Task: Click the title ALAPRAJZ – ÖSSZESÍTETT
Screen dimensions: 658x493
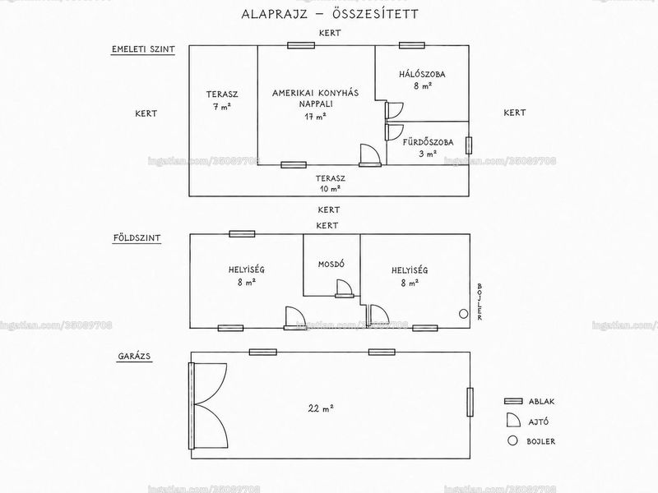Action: click(x=330, y=14)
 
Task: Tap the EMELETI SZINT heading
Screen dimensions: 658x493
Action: click(x=143, y=49)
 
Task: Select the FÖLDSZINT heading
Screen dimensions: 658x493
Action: click(x=137, y=237)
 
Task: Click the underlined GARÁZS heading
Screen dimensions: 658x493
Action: click(x=134, y=357)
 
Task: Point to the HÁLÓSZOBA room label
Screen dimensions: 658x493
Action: click(x=422, y=75)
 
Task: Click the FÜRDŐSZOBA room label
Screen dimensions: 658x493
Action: click(x=428, y=142)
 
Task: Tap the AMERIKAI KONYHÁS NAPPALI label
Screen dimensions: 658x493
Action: click(x=316, y=98)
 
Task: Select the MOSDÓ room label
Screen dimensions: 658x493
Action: click(x=331, y=264)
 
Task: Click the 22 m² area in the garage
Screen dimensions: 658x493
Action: click(x=321, y=408)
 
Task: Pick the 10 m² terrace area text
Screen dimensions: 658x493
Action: click(x=331, y=189)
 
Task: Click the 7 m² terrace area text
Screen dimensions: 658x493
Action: click(x=222, y=107)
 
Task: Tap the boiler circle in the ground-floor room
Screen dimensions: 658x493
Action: click(x=463, y=314)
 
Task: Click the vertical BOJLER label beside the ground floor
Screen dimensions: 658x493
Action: click(x=480, y=302)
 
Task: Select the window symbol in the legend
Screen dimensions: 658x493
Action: click(x=513, y=401)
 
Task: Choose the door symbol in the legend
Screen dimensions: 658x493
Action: click(x=512, y=421)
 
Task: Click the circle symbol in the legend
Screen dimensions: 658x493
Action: click(x=512, y=440)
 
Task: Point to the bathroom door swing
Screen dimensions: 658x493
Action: click(x=395, y=132)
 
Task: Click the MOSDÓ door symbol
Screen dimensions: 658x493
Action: click(x=344, y=288)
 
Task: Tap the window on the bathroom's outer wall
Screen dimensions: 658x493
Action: click(x=468, y=145)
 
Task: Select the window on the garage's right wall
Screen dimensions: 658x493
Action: click(x=470, y=402)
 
